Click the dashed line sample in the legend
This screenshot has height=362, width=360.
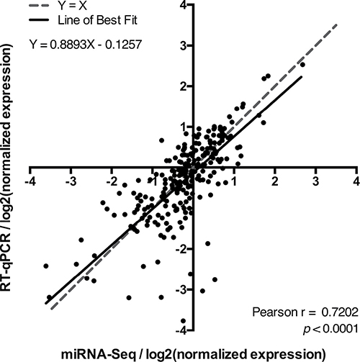click(x=39, y=5)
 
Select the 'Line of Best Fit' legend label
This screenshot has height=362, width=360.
click(x=97, y=20)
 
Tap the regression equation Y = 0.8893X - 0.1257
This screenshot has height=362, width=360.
click(x=86, y=45)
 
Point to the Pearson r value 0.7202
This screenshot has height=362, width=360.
click(x=340, y=312)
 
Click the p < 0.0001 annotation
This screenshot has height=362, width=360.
click(x=330, y=329)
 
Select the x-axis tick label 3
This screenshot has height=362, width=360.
click(x=316, y=181)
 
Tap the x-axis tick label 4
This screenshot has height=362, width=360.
click(x=357, y=181)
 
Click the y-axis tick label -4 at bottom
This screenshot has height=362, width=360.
click(x=181, y=330)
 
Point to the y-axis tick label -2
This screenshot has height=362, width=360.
click(x=181, y=249)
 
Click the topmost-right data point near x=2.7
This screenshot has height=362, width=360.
click(x=302, y=65)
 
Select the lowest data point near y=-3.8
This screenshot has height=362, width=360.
click(x=183, y=321)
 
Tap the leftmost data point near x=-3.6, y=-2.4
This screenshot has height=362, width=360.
click(x=46, y=266)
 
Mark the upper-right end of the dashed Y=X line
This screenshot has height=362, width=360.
click(x=338, y=24)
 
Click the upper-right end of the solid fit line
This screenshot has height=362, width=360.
click(x=302, y=76)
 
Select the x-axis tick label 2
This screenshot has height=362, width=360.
click(x=275, y=181)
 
